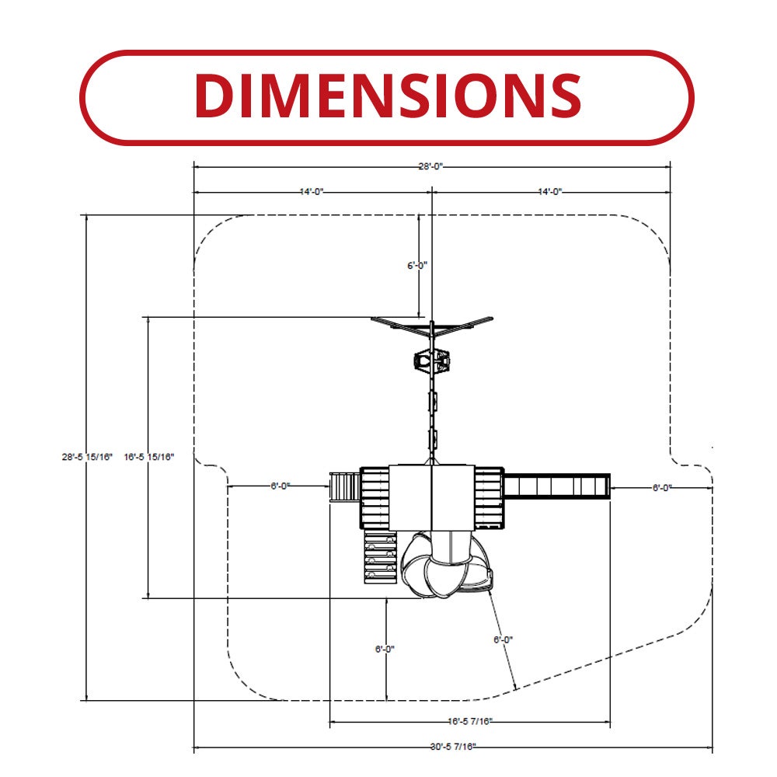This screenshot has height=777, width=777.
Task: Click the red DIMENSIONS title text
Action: tap(388, 96)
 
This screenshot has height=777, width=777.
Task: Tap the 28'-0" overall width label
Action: tap(430, 166)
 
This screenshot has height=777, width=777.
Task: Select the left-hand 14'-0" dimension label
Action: tap(312, 192)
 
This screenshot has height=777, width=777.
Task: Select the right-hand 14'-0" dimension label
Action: tap(550, 192)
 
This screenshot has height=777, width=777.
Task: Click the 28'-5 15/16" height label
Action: tap(87, 457)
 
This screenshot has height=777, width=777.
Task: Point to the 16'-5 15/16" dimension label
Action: tap(149, 457)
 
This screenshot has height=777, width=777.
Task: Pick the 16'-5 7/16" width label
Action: tap(470, 722)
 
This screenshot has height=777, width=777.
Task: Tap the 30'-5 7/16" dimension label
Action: tap(453, 747)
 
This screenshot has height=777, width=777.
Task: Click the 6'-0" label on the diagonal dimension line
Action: tap(503, 639)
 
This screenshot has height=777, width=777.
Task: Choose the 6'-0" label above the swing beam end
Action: tap(417, 266)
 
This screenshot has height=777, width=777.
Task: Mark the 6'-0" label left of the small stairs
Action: tap(280, 486)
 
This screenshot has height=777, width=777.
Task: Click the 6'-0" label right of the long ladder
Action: tap(662, 488)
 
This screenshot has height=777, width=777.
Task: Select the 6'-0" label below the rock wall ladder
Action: tap(385, 649)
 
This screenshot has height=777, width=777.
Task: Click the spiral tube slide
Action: tap(447, 564)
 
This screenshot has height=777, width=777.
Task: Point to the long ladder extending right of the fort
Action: tap(557, 486)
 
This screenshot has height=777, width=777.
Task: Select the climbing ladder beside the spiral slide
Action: tap(381, 557)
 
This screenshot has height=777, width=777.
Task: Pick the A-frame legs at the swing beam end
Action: tap(432, 326)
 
